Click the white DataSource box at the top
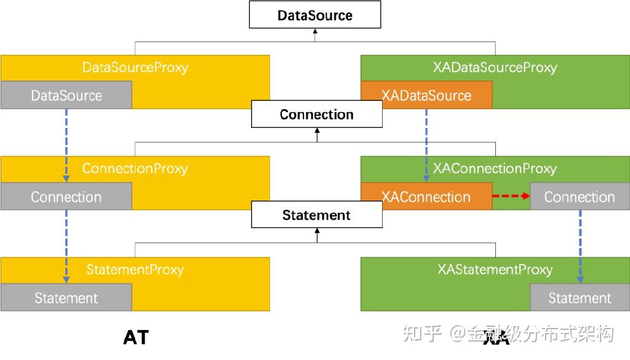click(x=315, y=15)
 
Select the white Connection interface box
click(x=316, y=114)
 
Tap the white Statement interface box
click(x=316, y=215)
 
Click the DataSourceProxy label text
click(x=135, y=68)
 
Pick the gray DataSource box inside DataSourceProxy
click(x=66, y=95)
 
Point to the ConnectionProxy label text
click(x=135, y=169)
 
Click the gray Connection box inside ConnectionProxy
click(x=66, y=197)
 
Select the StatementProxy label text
click(x=135, y=270)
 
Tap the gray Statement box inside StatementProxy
click(x=66, y=298)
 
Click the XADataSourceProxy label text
click(x=495, y=68)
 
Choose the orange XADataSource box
click(x=426, y=95)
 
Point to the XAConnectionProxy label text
click(x=495, y=169)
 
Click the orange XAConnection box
click(x=426, y=197)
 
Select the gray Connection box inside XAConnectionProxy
click(x=580, y=197)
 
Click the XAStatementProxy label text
click(x=495, y=270)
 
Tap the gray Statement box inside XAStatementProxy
click(x=580, y=298)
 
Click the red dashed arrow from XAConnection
click(x=511, y=196)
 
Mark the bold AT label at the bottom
click(x=136, y=337)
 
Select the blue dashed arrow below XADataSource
click(x=426, y=145)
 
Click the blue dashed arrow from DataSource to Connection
click(x=66, y=145)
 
